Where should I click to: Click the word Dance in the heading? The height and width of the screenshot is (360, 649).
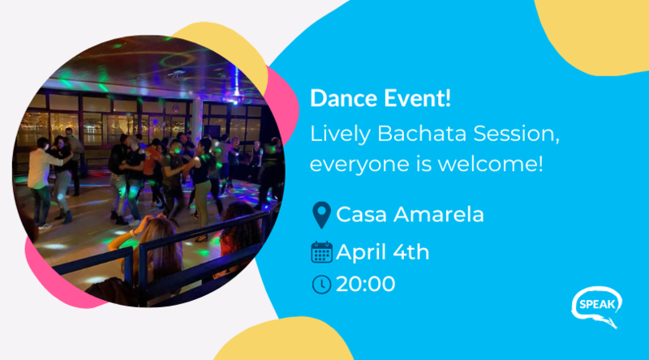tap(343, 98)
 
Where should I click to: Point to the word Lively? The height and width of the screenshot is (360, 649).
tap(340, 135)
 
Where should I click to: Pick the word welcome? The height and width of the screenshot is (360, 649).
tap(491, 164)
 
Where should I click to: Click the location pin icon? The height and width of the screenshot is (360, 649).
tap(321, 215)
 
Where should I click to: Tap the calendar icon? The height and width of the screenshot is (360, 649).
tap(321, 252)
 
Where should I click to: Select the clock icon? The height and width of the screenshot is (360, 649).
tap(321, 285)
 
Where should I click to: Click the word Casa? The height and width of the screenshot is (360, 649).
tap(362, 215)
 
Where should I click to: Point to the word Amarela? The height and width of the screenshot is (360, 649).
tap(439, 215)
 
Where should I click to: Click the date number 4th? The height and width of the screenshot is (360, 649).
tap(411, 252)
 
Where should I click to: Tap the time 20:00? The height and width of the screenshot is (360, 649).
tap(366, 285)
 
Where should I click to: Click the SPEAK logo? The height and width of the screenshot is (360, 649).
tap(597, 306)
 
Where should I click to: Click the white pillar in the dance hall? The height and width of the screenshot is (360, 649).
tap(196, 120)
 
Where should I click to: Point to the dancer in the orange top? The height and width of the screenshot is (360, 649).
tap(153, 170)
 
